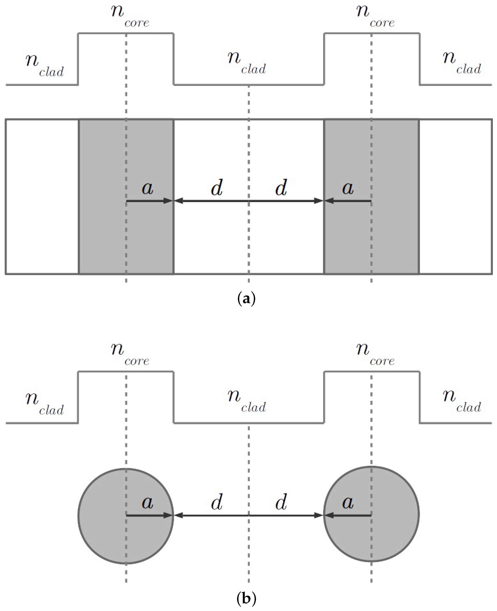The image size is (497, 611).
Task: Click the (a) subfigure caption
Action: pyautogui.click(x=247, y=299)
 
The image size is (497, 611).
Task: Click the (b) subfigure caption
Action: pyautogui.click(x=247, y=598)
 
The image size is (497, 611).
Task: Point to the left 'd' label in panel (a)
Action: pyautogui.click(x=217, y=188)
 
